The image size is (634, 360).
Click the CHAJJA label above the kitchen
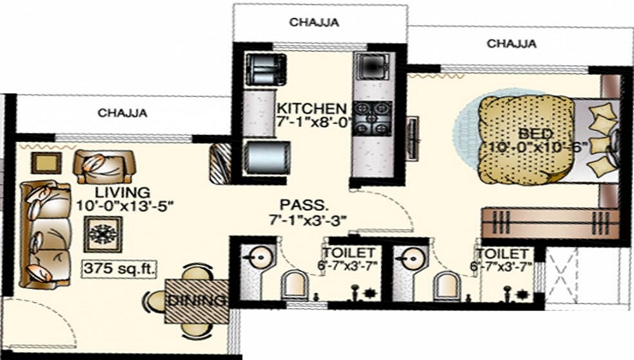(314, 22)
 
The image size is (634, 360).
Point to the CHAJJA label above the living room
(123, 113)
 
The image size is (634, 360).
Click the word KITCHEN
(311, 108)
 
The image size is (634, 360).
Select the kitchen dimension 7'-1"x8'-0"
(313, 122)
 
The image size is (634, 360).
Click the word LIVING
(123, 191)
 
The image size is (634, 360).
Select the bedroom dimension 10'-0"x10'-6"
(539, 147)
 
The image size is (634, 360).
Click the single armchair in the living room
(105, 167)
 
